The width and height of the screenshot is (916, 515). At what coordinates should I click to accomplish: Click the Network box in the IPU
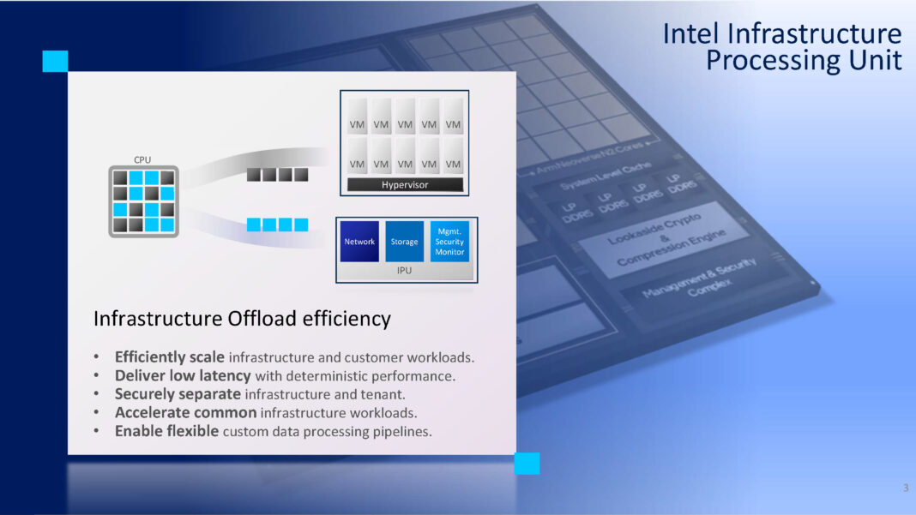coord(359,242)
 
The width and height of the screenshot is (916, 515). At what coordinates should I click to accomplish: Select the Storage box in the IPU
coord(404,242)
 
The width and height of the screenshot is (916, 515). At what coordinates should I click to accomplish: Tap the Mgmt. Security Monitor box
coord(449,242)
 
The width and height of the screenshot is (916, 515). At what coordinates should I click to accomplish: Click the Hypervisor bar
coord(405,185)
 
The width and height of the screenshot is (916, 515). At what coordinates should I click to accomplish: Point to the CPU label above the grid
coord(142,160)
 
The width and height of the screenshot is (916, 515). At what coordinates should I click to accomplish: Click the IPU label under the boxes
coord(405,270)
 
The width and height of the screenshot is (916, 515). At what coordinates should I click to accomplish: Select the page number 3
coord(905,488)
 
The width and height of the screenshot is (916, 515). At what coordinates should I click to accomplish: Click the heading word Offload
coord(264,319)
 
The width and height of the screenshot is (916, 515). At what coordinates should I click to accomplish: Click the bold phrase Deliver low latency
coord(183,375)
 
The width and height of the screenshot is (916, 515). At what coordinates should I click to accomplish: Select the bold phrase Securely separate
coord(178,394)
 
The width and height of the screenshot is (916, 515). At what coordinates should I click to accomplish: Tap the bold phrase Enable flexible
coord(166,431)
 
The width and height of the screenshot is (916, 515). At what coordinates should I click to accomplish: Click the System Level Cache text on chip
coord(606,175)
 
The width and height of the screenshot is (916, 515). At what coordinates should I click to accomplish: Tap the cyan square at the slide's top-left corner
coord(55,61)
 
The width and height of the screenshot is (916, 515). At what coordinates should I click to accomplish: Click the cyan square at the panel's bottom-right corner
coord(527,464)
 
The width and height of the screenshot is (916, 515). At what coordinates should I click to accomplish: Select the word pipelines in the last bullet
coord(403,431)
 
